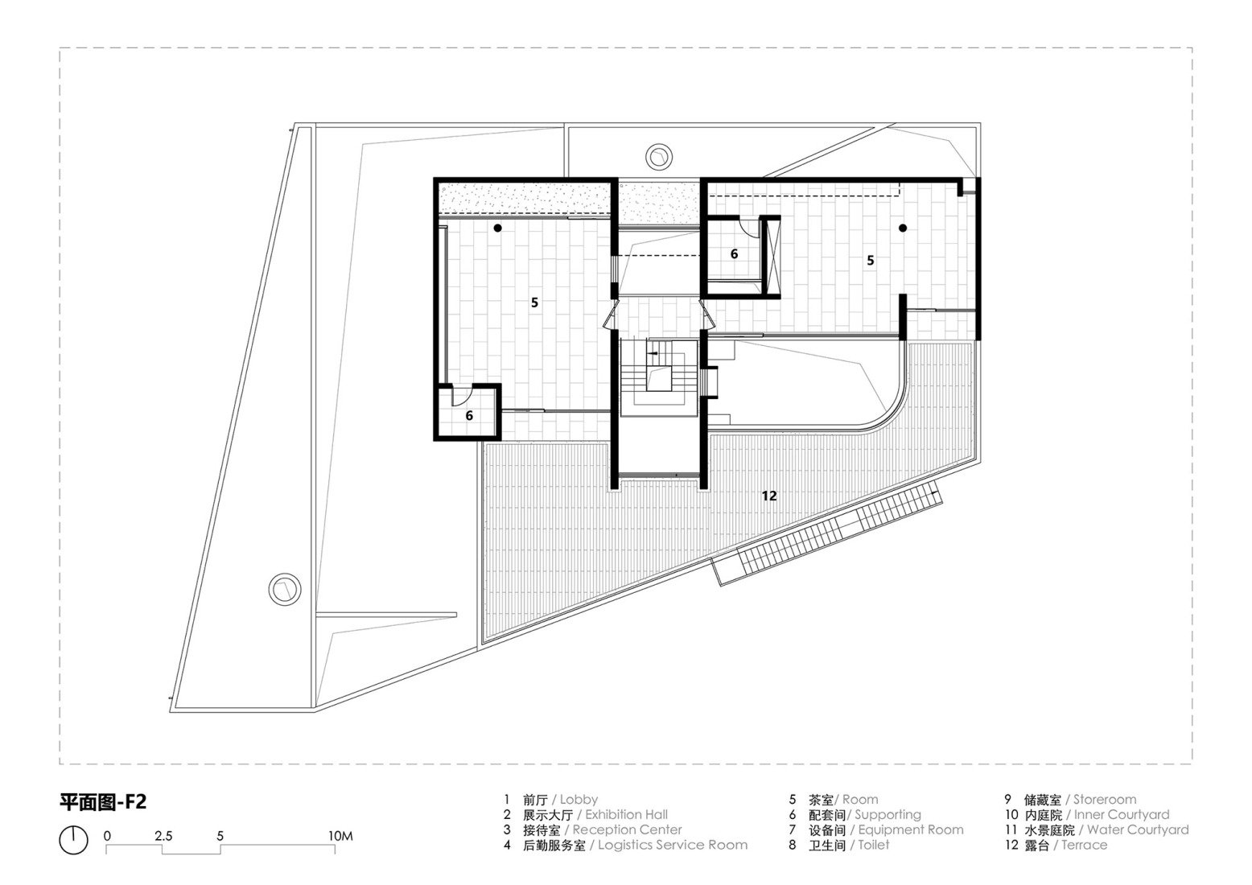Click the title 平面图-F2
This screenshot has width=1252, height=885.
click(x=103, y=802)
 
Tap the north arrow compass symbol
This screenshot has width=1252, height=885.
click(x=73, y=840)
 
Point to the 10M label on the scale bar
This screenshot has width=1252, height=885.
click(x=340, y=836)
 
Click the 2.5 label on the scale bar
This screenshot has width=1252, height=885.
click(x=163, y=836)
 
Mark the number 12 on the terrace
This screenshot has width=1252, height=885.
click(x=769, y=496)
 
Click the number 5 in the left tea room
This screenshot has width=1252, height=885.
click(x=534, y=303)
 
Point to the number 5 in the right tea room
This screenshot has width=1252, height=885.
click(x=870, y=261)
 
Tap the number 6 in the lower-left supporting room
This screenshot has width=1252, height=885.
click(x=469, y=416)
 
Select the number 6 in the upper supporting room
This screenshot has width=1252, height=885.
click(x=734, y=254)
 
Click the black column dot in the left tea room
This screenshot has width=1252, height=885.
click(x=498, y=228)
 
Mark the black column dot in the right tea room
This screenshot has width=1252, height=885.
click(x=903, y=228)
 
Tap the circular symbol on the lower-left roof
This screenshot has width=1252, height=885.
click(x=284, y=589)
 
